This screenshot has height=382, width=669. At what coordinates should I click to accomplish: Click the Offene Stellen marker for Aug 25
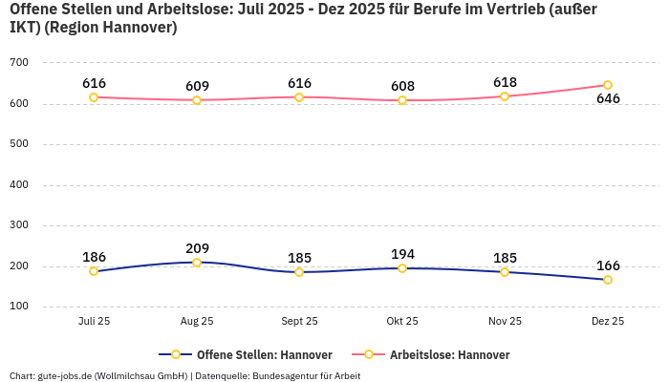coord(197,263)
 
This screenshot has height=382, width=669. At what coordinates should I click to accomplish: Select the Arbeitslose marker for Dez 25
coord(608,85)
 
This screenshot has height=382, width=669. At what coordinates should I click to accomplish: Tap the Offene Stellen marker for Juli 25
coord(94,271)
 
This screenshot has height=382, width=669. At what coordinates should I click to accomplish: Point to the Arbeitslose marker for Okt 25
coord(402,100)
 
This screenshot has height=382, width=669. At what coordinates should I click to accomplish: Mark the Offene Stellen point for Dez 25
coord(608,280)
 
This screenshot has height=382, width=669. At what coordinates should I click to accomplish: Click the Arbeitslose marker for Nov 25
coord(505,96)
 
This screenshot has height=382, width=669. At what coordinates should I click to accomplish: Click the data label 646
coord(608,99)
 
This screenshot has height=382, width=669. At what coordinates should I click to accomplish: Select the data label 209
coord(197,248)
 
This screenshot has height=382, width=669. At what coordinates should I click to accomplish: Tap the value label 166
coord(608,265)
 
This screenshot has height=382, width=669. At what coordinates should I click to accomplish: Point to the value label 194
coord(402,254)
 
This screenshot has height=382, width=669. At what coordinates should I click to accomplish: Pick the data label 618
coord(505,82)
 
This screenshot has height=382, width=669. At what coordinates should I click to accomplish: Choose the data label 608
coord(402,86)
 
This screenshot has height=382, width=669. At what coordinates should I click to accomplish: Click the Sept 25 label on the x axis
coord(299,322)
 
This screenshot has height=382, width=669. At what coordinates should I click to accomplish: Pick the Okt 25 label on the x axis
coord(402,322)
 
